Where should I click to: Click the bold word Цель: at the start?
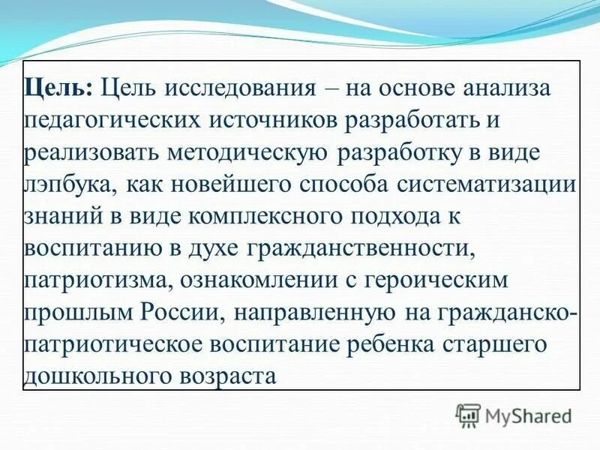click(58, 88)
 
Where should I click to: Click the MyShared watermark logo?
click(514, 415)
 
